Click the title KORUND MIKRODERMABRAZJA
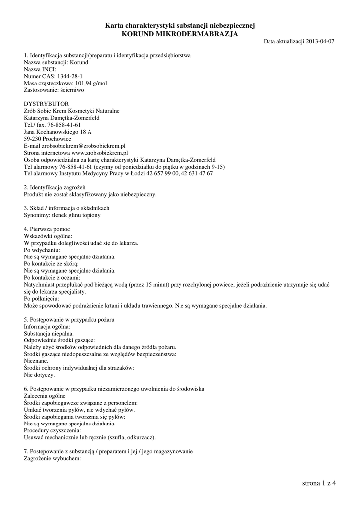click(x=180, y=34)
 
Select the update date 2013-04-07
click(x=320, y=41)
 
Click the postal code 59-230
click(x=33, y=139)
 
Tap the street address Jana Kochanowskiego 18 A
click(x=58, y=132)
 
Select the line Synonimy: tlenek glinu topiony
click(x=63, y=215)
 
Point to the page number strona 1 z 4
click(x=319, y=483)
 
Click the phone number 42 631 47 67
click(x=196, y=174)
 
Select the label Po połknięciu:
click(x=41, y=298)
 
